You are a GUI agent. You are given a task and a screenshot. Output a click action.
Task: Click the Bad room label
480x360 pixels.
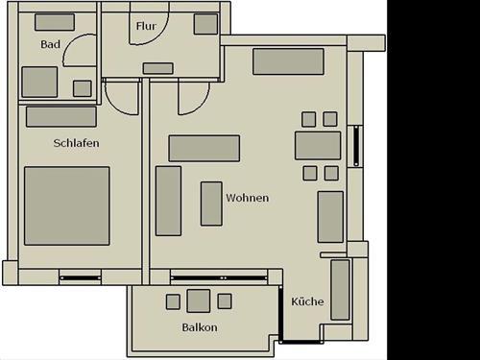[51, 44]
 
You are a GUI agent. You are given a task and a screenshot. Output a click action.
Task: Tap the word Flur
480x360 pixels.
[146, 26]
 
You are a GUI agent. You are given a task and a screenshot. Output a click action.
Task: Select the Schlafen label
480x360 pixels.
[77, 143]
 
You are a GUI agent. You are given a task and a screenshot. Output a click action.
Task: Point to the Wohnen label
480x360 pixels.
[247, 198]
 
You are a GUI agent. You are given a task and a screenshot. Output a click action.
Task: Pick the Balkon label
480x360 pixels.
[200, 327]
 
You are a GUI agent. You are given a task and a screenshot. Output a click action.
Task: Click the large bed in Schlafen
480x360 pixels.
[66, 205]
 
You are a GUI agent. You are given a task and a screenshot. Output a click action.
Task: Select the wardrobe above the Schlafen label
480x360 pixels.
[61, 116]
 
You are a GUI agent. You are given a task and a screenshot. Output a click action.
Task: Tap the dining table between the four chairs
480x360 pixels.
[318, 145]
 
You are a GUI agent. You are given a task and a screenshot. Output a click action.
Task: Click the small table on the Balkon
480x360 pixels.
[199, 300]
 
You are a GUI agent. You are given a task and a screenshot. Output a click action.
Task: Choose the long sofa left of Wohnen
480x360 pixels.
[169, 201]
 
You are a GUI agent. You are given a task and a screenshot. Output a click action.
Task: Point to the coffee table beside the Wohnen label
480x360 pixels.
[211, 203]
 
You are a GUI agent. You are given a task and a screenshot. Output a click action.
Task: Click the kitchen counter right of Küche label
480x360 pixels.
[340, 289]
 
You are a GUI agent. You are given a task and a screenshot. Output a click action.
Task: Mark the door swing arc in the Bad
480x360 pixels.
[84, 48]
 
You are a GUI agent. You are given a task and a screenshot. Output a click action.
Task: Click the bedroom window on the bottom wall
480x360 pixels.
[81, 278]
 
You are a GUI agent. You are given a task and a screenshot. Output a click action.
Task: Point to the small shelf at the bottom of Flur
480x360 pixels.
[157, 68]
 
